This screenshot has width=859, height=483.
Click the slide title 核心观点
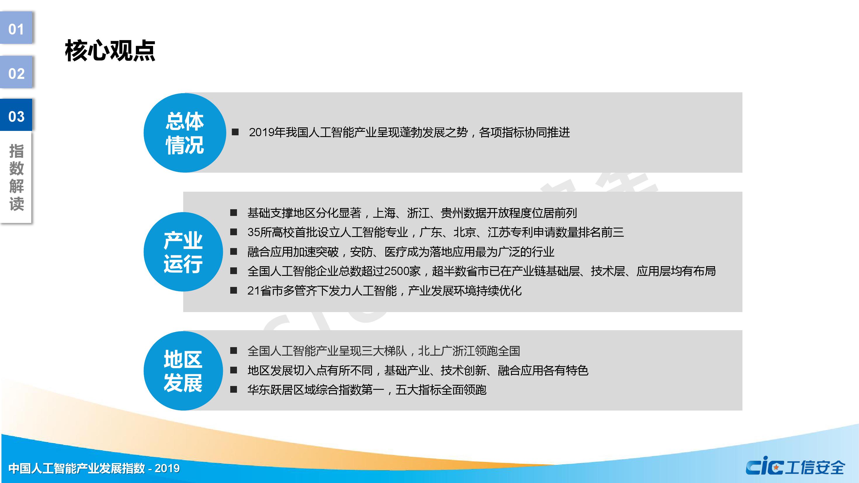pyautogui.click(x=110, y=51)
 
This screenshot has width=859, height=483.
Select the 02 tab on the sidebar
pyautogui.click(x=16, y=72)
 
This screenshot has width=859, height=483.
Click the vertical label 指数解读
pyautogui.click(x=16, y=177)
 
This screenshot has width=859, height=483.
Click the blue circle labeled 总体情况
pyautogui.click(x=185, y=133)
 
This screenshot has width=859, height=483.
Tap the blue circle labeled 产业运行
pyautogui.click(x=183, y=252)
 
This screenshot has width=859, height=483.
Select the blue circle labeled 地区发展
pyautogui.click(x=183, y=371)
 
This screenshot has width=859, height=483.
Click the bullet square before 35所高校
pyautogui.click(x=234, y=232)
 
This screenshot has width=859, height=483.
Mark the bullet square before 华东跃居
pyautogui.click(x=234, y=389)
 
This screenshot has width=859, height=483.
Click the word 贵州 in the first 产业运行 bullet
pyautogui.click(x=452, y=213)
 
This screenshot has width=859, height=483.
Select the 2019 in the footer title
pyautogui.click(x=167, y=468)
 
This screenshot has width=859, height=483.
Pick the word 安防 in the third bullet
pyautogui.click(x=361, y=252)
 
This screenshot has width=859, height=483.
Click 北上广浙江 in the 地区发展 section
pyautogui.click(x=446, y=351)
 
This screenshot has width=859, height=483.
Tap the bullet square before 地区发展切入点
pyautogui.click(x=234, y=370)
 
